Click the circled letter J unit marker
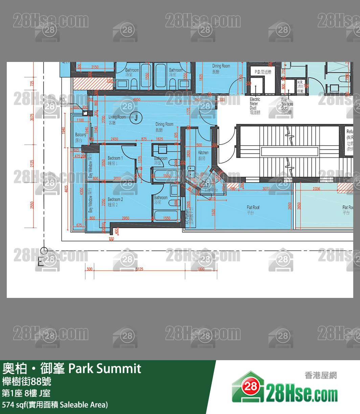[x=137, y=117]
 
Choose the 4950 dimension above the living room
[x=137, y=100]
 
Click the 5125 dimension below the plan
[x=139, y=269]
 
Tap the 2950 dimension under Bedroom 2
[x=125, y=218]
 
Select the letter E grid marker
[x=41, y=262]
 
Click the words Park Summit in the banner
[x=105, y=368]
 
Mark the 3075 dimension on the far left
[x=32, y=117]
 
